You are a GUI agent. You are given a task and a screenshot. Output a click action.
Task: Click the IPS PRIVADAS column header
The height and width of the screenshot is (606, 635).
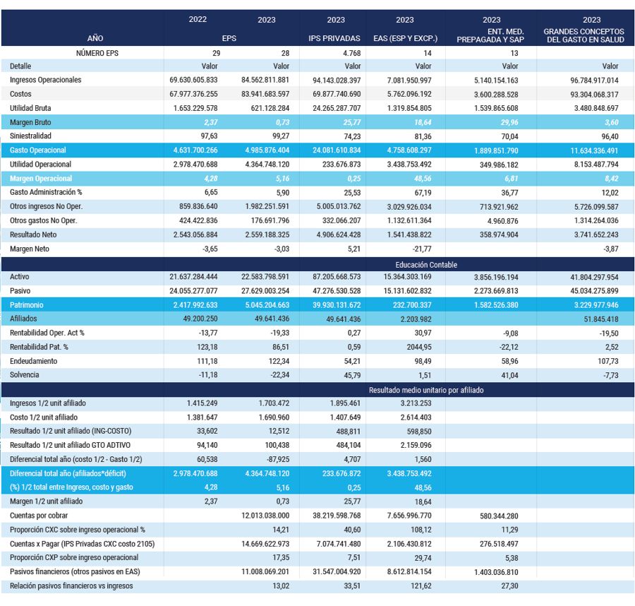334,38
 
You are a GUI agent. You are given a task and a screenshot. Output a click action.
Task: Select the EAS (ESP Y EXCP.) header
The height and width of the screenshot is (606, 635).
406,38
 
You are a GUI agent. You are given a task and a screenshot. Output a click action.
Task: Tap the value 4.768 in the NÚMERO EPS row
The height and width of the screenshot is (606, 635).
351,53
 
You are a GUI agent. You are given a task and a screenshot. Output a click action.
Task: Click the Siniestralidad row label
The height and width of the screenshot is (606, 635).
30,136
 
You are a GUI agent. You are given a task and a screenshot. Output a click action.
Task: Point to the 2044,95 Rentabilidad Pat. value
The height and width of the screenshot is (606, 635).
419,347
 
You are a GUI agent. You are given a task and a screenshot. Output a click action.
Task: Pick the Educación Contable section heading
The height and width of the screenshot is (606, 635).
426,265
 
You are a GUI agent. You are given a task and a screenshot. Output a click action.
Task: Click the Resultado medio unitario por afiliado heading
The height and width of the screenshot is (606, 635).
426,390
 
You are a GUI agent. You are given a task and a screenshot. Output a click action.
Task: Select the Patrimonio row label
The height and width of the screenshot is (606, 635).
26,305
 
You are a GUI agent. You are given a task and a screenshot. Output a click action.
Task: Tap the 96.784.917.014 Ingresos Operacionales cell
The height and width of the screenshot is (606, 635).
594,81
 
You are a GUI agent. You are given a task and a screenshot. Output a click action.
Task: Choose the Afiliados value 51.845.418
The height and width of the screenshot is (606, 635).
601,319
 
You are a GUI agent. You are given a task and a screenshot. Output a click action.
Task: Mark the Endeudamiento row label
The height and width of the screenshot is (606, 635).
34,361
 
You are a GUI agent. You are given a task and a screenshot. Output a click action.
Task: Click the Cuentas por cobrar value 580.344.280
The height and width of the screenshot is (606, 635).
499,516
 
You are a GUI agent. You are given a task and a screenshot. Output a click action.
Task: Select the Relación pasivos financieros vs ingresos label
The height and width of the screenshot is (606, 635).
71,586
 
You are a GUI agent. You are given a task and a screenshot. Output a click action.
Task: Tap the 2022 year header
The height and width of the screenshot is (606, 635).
198,19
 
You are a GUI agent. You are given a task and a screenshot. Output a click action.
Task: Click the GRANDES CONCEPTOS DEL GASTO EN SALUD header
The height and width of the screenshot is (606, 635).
583,35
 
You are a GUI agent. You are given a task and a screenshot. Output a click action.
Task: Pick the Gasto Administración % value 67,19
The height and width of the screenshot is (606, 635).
423,193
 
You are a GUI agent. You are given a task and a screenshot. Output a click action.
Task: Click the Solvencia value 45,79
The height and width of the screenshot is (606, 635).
352,375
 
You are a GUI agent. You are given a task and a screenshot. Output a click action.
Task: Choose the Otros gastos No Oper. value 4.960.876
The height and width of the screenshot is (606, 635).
502,221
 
